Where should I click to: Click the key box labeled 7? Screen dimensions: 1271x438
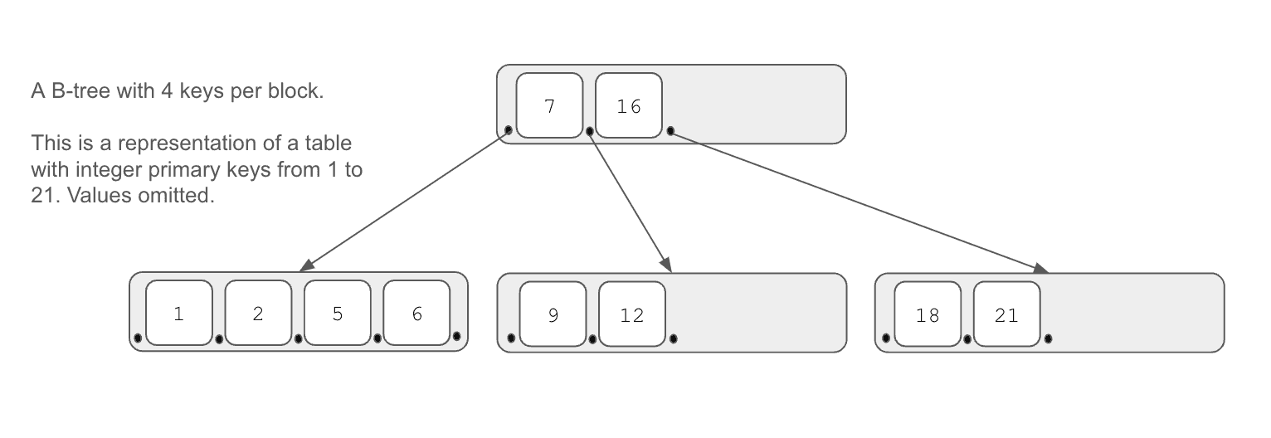549,105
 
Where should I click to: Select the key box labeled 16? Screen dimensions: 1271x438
629,105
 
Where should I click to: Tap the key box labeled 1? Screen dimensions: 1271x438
178,313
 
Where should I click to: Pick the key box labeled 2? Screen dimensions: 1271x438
258,313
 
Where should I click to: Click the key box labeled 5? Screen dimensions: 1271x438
337,313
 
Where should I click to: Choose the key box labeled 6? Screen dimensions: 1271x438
416,313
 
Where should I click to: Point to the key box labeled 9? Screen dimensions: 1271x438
553,314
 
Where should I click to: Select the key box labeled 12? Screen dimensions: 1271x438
632,314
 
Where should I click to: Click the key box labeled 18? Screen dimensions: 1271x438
928,314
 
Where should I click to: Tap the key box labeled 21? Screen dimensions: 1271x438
1007,314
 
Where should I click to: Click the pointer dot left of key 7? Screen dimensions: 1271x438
509,130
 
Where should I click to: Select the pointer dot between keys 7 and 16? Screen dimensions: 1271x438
590,132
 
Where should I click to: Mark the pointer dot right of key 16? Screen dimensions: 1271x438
670,131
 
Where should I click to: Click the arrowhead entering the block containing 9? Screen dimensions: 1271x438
667,265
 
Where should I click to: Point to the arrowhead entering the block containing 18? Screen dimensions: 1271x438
1040,269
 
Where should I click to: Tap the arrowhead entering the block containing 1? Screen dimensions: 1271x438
306,265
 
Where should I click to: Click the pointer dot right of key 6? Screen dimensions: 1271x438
457,337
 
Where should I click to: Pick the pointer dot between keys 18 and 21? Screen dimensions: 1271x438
967,339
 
